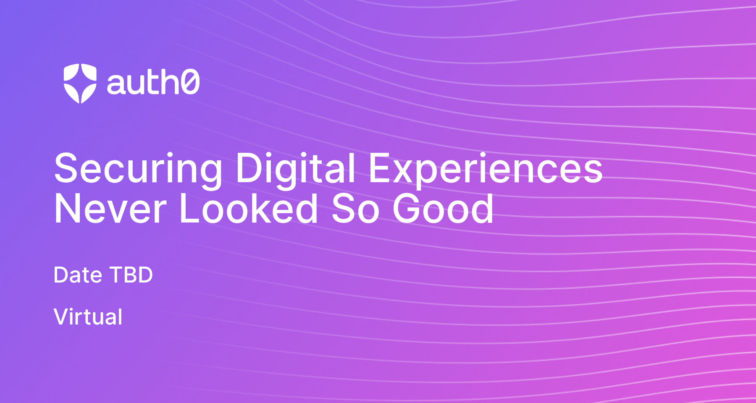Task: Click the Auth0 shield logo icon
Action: (x=80, y=83)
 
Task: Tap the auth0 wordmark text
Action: (x=153, y=82)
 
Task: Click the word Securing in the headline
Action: (x=138, y=169)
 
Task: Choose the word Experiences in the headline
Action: (x=485, y=169)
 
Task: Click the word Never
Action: (x=110, y=209)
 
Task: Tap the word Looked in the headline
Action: (x=248, y=209)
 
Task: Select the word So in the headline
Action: (x=355, y=209)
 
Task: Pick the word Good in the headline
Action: (x=443, y=209)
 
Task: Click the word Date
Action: (x=78, y=275)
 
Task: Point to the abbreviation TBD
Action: (x=131, y=275)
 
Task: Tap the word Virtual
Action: (x=88, y=317)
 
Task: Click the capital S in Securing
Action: (x=67, y=168)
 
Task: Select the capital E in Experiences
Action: (x=380, y=168)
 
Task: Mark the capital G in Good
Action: (x=407, y=209)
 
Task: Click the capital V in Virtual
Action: (x=61, y=317)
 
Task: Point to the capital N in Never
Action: (x=67, y=209)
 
